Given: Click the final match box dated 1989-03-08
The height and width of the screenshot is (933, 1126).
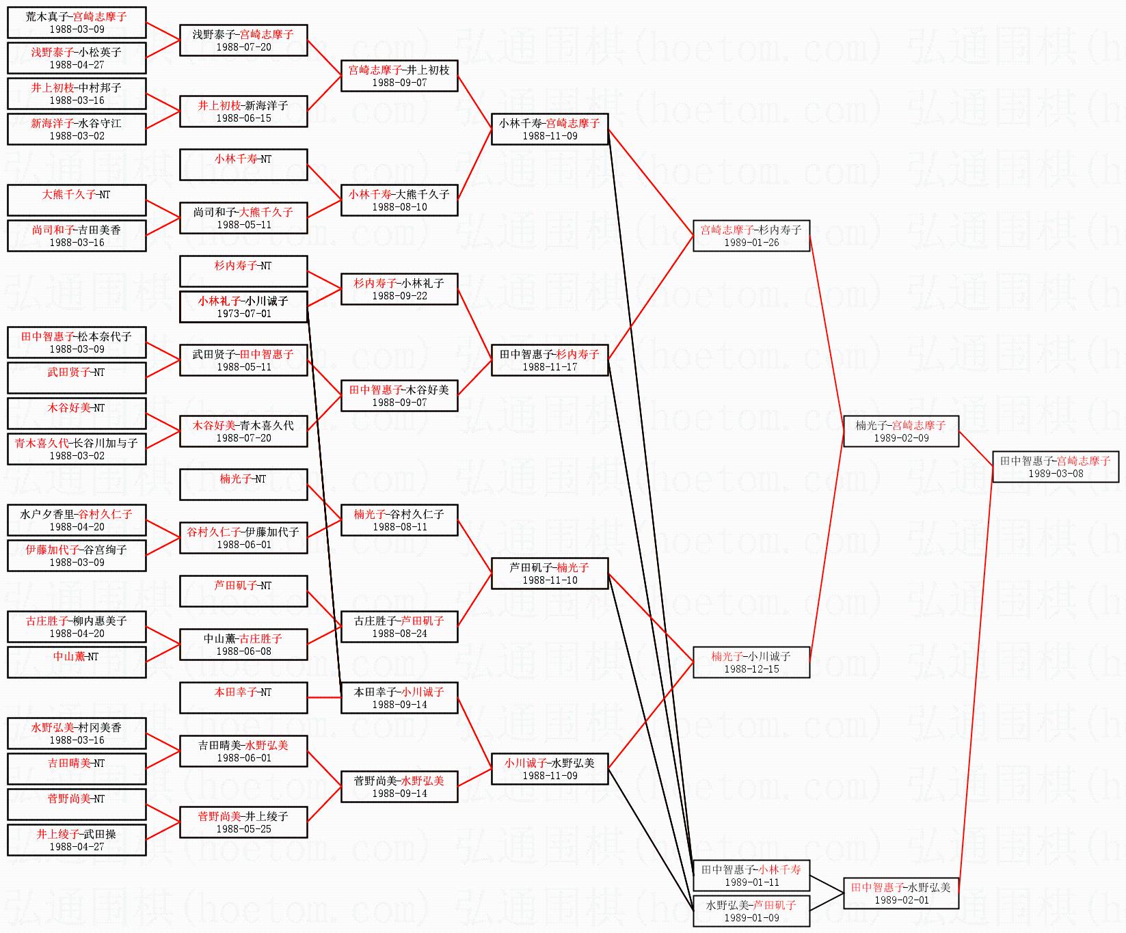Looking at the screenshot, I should (1055, 467).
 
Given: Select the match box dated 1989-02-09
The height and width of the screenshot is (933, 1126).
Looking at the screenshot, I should (901, 431).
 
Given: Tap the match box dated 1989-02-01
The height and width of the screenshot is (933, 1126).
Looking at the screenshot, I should (901, 893).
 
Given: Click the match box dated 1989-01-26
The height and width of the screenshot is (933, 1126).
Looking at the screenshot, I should (751, 236).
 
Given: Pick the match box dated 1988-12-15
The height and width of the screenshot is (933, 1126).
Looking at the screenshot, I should (751, 662).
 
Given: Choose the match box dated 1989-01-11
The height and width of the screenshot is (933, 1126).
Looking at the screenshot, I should (751, 876).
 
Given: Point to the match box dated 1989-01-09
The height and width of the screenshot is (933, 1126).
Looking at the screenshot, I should (751, 911).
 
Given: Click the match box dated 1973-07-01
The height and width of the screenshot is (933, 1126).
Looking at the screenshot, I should (243, 307).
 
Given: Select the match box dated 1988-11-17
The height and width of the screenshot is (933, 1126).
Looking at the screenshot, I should (550, 360).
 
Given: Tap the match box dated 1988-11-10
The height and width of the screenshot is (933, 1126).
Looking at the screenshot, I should (550, 573).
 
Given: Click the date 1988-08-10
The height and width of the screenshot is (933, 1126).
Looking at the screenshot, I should (399, 207).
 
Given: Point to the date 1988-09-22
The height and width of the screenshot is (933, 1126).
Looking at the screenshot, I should (399, 296).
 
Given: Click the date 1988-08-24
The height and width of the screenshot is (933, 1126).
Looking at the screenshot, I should (399, 634).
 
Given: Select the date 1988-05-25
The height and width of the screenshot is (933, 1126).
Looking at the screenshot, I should (243, 829).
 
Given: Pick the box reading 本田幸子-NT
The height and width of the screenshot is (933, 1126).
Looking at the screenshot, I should (243, 698).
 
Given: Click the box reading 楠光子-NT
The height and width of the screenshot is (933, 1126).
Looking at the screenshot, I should (243, 485).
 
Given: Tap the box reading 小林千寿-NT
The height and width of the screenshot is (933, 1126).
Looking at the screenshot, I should (243, 165).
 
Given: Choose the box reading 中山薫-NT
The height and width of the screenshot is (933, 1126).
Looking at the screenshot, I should (77, 662).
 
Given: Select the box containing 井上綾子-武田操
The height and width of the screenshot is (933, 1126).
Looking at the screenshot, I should (77, 840).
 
